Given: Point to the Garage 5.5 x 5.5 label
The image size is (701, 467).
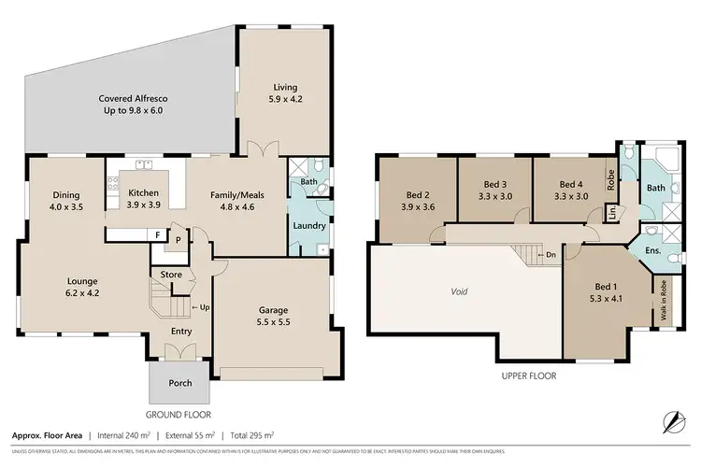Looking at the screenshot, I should [273, 317].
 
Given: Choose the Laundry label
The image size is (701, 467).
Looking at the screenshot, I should [308, 226].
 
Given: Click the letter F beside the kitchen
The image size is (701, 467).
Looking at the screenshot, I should [158, 234].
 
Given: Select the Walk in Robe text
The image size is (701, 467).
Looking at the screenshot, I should [663, 301].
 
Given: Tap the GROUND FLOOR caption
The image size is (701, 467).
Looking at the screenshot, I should [179, 414].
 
